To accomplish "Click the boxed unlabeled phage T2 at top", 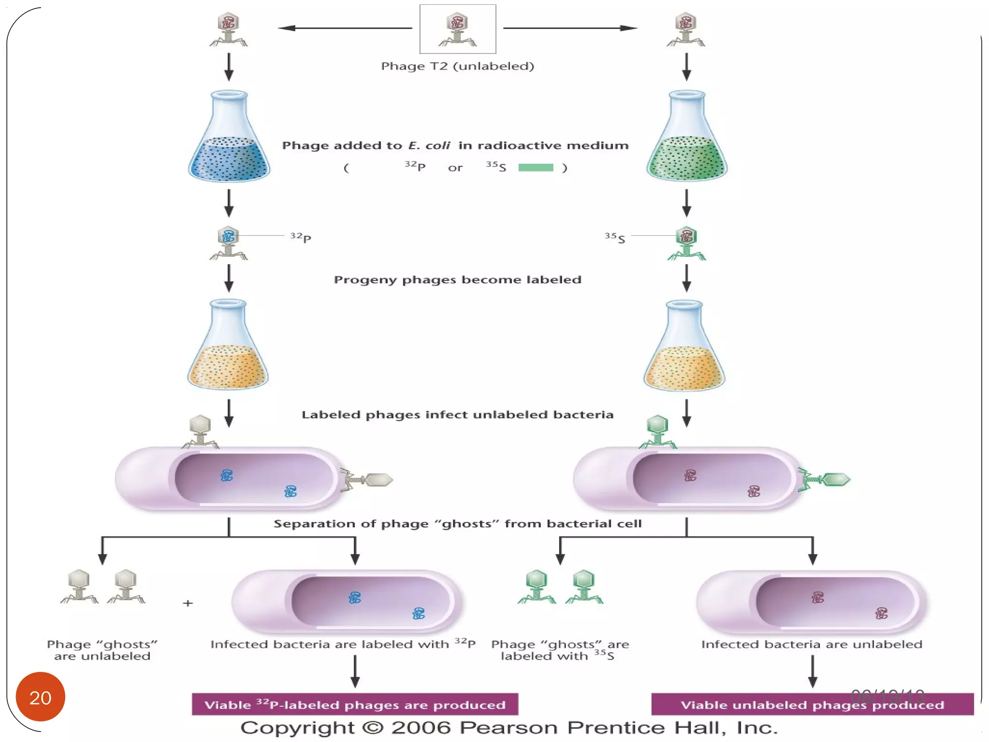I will coord(457,29).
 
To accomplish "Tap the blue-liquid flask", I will coord(229,140).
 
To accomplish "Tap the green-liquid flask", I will coord(686,140).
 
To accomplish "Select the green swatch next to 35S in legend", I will coord(535,168).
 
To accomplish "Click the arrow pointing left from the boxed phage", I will coord(345,28).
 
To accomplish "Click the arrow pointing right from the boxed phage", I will coord(570,28).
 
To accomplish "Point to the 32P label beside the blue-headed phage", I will coord(300,237).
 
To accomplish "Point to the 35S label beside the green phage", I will coord(615,238).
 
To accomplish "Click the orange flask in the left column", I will coord(228,348).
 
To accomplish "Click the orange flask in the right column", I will coord(684,348).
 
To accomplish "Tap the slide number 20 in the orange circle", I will coord(41,697).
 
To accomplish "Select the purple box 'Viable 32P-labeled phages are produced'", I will coord(355,704).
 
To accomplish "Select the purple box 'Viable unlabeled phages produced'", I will coord(812,704).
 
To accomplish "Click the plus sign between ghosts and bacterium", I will coord(188,603).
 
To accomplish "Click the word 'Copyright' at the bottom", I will coord(297,728).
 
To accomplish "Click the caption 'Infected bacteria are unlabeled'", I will coord(812,644).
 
